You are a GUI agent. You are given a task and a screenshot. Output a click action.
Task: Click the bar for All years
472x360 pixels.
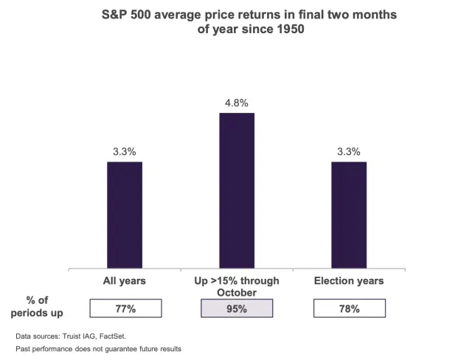point(124,215)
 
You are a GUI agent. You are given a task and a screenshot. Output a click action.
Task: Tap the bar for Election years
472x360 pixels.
point(348,215)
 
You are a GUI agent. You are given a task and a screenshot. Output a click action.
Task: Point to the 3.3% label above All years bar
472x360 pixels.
point(124,152)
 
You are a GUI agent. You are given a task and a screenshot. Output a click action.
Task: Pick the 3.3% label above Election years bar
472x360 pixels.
point(348,152)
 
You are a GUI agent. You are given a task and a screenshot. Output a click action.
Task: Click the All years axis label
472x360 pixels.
point(124,281)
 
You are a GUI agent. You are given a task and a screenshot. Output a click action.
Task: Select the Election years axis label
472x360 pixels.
point(349,281)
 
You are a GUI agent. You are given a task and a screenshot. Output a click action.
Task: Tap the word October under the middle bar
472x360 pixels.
point(236,293)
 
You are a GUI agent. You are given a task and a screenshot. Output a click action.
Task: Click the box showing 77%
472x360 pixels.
point(124,308)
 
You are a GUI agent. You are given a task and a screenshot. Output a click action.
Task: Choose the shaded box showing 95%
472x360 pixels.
point(236,308)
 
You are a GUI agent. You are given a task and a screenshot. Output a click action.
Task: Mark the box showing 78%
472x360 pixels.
point(349,308)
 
